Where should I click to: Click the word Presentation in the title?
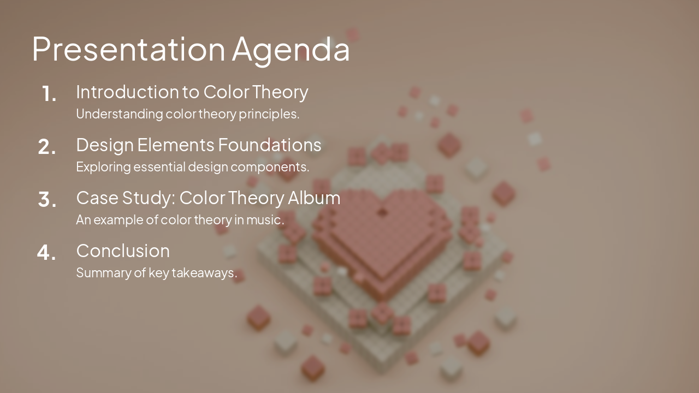point(128,49)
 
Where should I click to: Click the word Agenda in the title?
point(291,50)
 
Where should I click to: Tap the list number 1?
point(49,94)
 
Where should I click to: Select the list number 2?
point(47,147)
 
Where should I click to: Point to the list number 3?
point(47,200)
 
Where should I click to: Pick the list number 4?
point(47,253)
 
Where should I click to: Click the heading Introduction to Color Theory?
point(192,92)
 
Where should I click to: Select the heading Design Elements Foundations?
point(198,145)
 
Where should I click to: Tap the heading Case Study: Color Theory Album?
point(208,198)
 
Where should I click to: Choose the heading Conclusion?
point(123,251)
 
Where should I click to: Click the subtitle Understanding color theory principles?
point(187,114)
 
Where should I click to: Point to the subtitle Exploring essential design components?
point(192,167)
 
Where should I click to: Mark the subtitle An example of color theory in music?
point(180,220)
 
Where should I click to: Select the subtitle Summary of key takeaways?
point(156,272)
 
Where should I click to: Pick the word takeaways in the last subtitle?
point(204,272)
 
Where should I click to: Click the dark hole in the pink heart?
point(382,212)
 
